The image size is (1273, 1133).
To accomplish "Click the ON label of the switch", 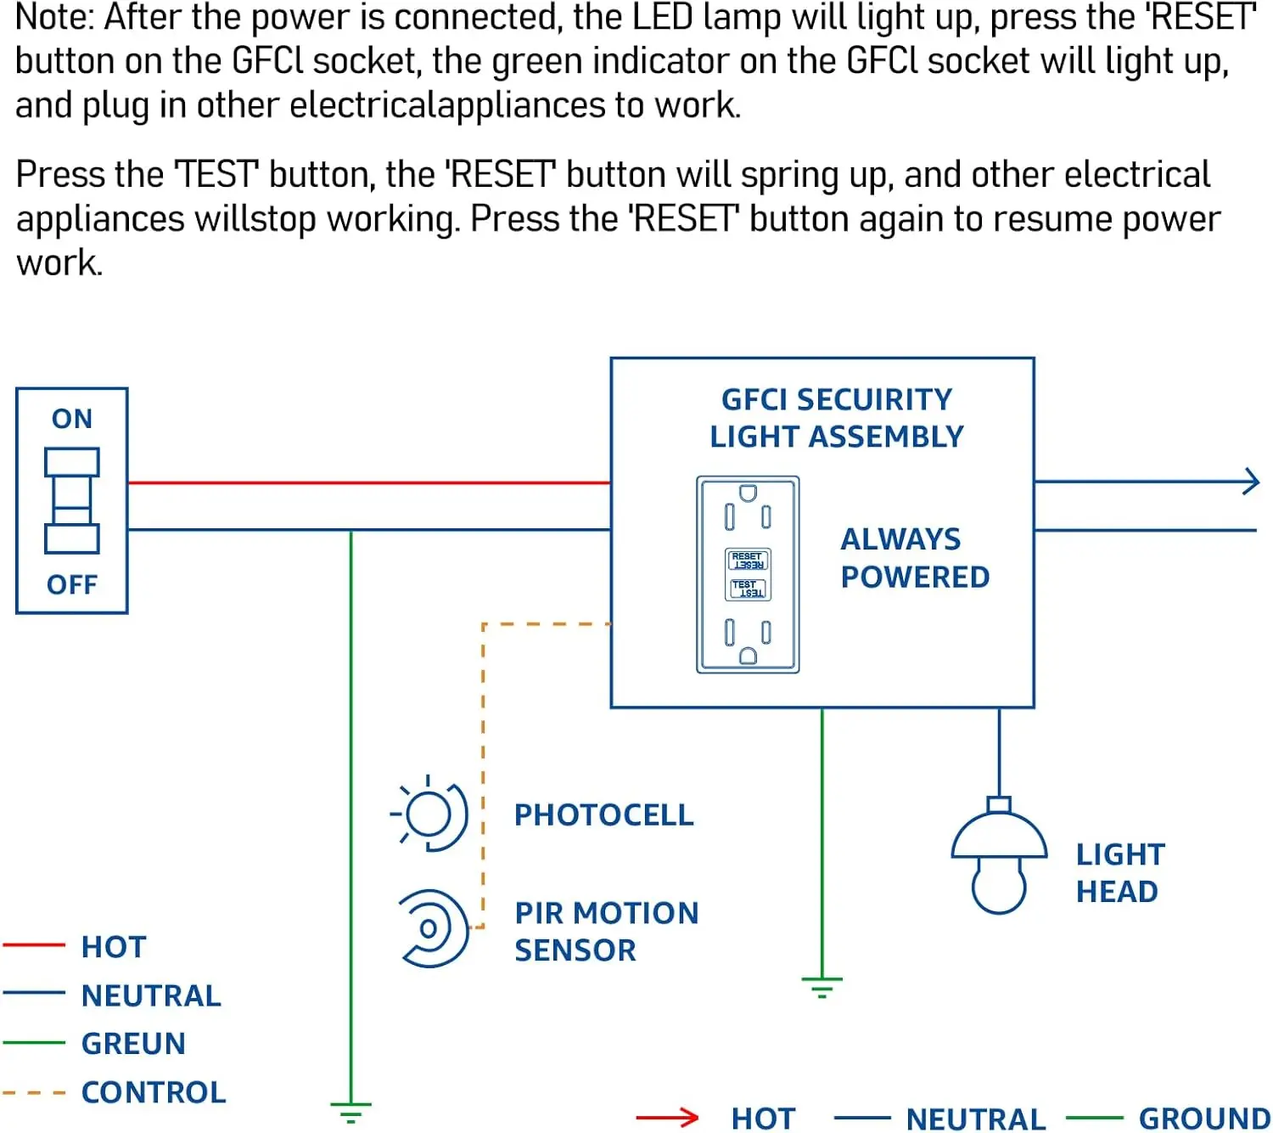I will (71, 419).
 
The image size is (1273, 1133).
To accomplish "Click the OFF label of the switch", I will (71, 585).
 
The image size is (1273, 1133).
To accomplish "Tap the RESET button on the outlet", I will (748, 561).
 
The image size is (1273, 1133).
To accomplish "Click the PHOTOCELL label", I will (603, 815).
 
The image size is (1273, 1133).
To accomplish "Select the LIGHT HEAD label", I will (1119, 873).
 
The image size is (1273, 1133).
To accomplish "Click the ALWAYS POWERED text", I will (914, 558).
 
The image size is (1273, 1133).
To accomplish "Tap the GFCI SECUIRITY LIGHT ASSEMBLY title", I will (837, 418).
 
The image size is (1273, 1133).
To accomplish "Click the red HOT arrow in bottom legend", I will (668, 1118).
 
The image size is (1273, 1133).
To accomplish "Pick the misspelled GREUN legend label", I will (133, 1044).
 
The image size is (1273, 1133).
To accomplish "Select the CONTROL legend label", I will (154, 1092).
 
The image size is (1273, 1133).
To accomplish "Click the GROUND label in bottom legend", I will (1203, 1119).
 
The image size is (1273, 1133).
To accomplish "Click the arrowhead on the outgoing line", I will (1251, 482).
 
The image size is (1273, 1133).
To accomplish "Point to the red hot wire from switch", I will (369, 482).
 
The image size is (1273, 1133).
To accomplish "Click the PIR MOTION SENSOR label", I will (606, 932).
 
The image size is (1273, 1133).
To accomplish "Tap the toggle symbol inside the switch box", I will (71, 501).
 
